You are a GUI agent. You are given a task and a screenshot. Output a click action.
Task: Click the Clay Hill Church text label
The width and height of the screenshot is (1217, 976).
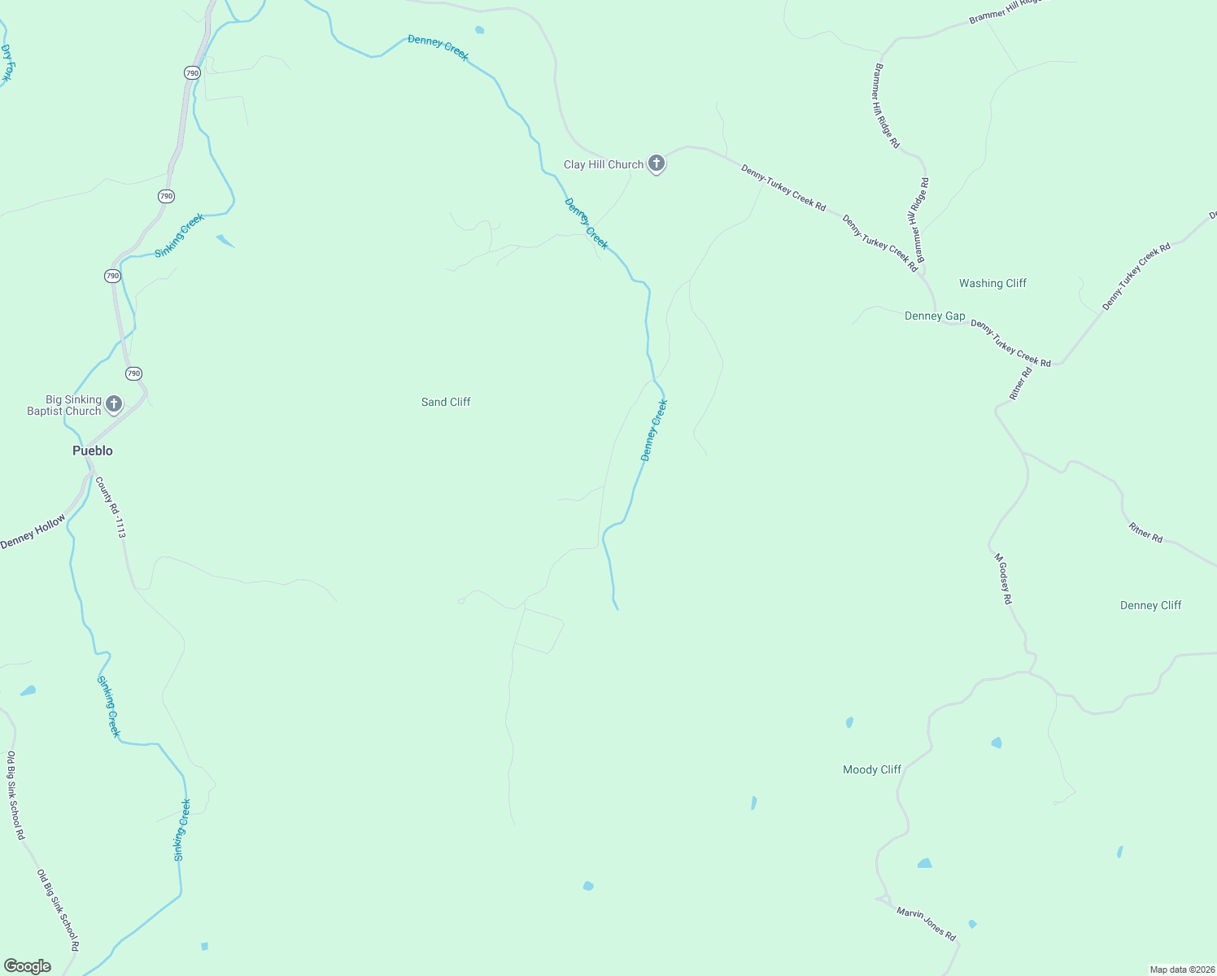[604, 164]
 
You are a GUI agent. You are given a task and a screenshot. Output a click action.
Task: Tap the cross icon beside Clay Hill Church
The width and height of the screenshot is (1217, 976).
[656, 163]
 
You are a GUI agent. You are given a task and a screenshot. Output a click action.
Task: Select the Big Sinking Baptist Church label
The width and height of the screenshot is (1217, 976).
[64, 405]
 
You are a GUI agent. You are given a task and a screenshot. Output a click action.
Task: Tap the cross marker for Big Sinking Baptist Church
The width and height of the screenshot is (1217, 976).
[114, 403]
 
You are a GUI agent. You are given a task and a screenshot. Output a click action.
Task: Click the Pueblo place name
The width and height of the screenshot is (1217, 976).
[93, 451]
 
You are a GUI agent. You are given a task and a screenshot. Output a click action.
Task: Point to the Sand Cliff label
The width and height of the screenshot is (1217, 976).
[446, 402]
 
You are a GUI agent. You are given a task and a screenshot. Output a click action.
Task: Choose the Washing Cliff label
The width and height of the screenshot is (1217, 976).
[992, 283]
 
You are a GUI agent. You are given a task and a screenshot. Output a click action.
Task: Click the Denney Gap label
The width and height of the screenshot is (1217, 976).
[935, 316]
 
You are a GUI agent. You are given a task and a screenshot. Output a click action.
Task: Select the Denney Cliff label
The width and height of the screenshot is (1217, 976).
[1150, 605]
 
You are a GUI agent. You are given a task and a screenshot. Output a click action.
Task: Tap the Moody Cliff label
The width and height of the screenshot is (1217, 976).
[872, 769]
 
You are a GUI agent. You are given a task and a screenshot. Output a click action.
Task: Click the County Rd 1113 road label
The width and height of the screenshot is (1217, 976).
[111, 507]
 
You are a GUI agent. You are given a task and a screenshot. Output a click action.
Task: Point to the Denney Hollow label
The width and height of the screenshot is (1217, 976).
[33, 532]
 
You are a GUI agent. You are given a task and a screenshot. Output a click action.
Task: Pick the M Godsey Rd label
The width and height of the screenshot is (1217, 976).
[1003, 578]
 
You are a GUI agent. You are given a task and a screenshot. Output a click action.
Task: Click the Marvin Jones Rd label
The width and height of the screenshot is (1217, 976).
[926, 924]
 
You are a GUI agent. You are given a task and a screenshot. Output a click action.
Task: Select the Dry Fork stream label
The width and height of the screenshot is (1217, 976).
[7, 63]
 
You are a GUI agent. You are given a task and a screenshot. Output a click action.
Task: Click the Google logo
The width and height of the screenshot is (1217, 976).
[28, 966]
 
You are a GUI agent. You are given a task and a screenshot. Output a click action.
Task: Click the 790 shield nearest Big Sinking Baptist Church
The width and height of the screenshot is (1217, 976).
[134, 373]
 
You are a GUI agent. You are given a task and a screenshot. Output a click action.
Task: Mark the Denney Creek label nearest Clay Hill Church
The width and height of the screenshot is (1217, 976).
[586, 224]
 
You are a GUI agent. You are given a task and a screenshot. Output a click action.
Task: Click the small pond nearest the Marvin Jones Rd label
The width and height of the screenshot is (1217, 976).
[972, 924]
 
